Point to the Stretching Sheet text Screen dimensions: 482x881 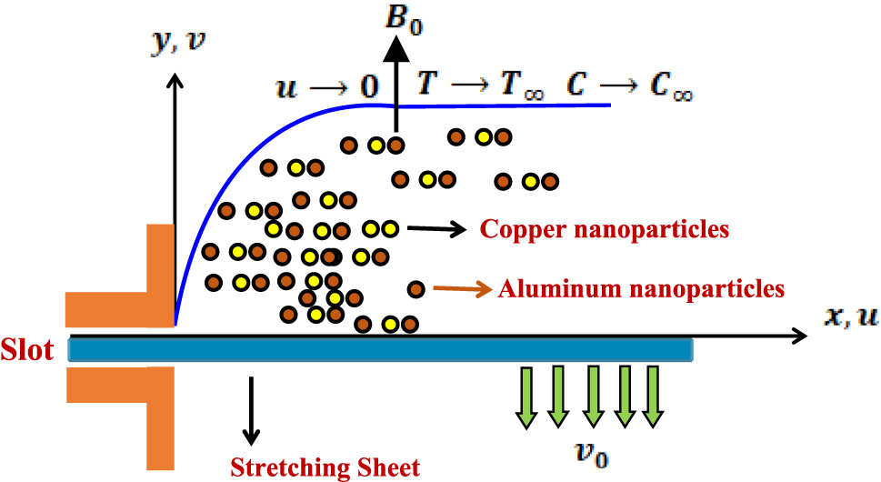(x=325, y=467)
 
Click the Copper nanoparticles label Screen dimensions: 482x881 (x=605, y=229)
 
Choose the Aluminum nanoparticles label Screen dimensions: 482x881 (x=640, y=289)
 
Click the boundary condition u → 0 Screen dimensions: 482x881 (x=326, y=88)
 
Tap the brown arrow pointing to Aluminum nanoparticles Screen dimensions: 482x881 (x=461, y=289)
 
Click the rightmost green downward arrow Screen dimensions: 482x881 (x=652, y=396)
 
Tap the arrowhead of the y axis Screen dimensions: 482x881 (x=175, y=80)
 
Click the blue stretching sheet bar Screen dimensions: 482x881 (x=382, y=349)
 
